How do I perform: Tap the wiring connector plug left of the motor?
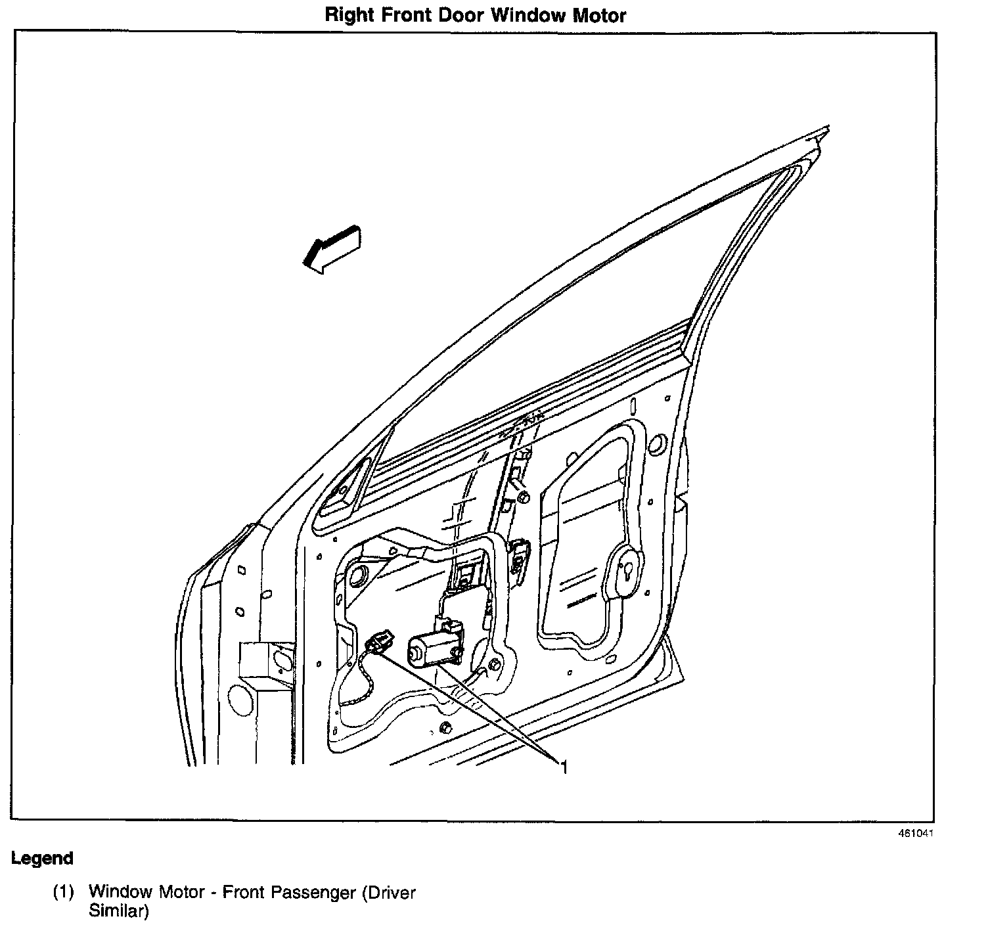coord(380,641)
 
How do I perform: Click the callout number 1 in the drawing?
coord(563,766)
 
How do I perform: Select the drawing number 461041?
coord(916,833)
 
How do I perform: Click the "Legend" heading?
coord(42,858)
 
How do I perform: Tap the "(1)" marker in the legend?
coord(64,893)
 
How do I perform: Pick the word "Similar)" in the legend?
coord(119,912)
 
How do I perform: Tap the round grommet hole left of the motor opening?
coord(359,574)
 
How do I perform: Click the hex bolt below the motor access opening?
coord(446,727)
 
